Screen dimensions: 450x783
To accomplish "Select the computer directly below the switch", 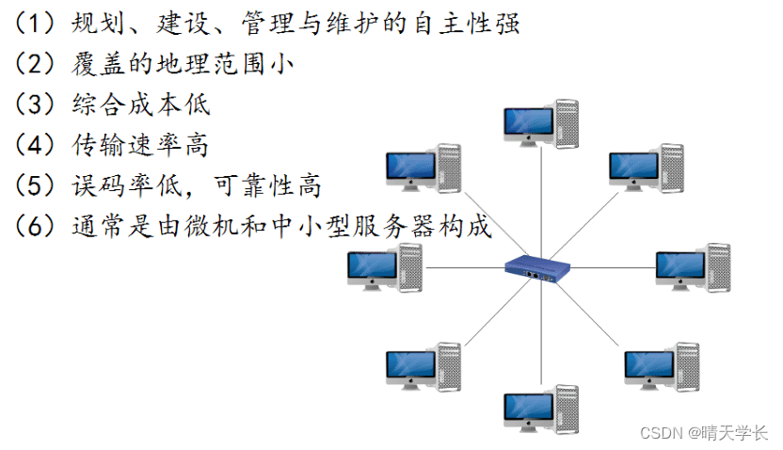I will click(540, 408).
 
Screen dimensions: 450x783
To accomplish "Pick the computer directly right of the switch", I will click(691, 267).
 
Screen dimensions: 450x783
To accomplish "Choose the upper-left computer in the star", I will click(423, 169).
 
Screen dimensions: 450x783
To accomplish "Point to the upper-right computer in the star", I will click(646, 168).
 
